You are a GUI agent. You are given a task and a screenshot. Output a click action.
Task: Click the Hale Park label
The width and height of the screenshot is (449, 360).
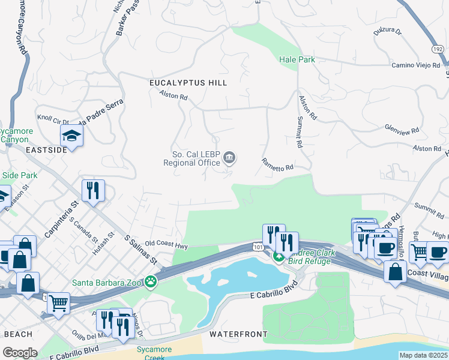[x=297, y=59]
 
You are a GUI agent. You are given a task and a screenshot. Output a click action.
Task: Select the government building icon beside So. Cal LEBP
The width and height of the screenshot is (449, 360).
[x=229, y=158]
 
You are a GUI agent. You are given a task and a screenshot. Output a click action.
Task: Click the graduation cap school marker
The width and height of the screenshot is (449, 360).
[x=71, y=136]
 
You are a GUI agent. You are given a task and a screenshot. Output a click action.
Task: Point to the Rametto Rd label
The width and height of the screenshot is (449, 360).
[x=277, y=164]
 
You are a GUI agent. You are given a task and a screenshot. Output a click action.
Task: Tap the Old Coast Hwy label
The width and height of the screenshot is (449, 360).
[x=166, y=245]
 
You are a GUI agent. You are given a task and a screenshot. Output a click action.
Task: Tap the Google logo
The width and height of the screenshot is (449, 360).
[x=20, y=353]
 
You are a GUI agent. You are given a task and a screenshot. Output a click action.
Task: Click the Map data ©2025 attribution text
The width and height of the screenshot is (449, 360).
[x=423, y=355]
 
